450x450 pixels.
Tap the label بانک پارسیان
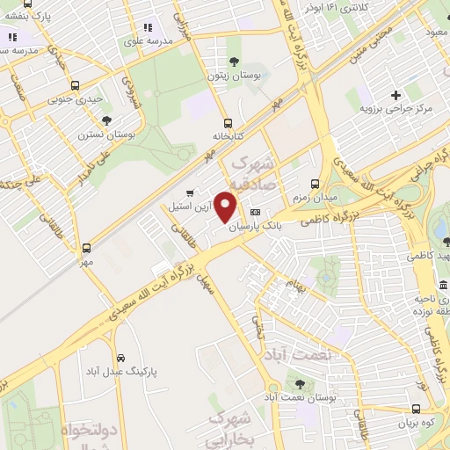[x=256, y=225]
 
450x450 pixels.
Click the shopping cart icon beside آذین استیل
[x=190, y=192]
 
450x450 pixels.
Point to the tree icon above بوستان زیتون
[x=233, y=61]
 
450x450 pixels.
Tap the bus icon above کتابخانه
[x=229, y=123]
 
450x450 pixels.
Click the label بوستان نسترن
[x=106, y=135]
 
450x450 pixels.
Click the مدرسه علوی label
[x=146, y=40]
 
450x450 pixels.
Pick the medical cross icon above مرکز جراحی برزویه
[x=396, y=94]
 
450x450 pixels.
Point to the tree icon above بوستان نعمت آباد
[x=300, y=384]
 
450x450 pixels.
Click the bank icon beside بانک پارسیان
[x=256, y=212]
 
